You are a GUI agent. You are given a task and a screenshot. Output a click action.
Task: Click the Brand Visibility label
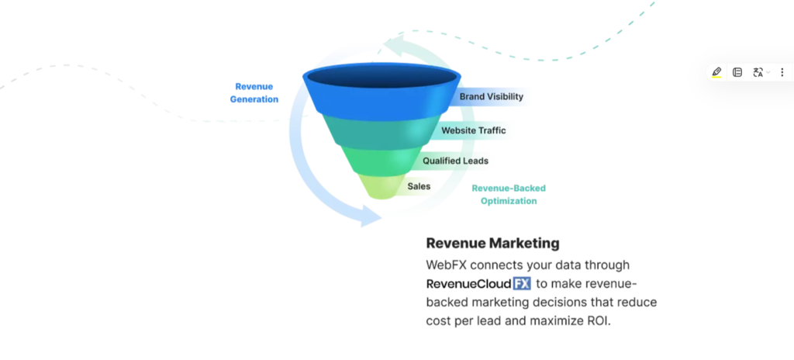(x=491, y=96)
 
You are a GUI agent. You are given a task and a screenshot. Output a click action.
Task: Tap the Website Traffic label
(x=474, y=130)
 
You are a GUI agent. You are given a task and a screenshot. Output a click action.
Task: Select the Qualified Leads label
(x=456, y=161)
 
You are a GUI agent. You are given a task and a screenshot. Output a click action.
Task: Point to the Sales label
(x=419, y=186)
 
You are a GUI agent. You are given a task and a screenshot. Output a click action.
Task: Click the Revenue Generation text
(x=254, y=93)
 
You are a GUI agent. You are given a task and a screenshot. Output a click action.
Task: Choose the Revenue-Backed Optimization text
(x=509, y=195)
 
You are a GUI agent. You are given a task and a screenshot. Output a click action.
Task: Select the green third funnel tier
(x=381, y=161)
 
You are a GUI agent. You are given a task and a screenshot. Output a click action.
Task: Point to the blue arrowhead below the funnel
(x=370, y=216)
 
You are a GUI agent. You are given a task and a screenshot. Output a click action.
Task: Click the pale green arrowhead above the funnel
(x=393, y=44)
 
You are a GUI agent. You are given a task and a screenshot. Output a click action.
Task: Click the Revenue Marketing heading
(x=492, y=244)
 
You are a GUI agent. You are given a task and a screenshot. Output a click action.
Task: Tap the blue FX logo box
(x=522, y=283)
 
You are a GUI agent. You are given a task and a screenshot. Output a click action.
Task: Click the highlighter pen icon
(x=716, y=72)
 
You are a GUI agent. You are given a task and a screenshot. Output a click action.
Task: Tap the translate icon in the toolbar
(x=758, y=72)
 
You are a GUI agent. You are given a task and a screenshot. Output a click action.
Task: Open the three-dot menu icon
(x=782, y=72)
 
